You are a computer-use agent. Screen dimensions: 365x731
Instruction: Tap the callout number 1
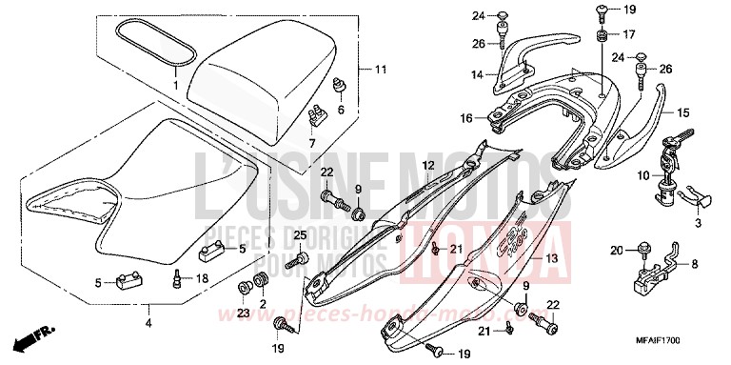[175, 85]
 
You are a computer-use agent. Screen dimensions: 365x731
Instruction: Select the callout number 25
[298, 235]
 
